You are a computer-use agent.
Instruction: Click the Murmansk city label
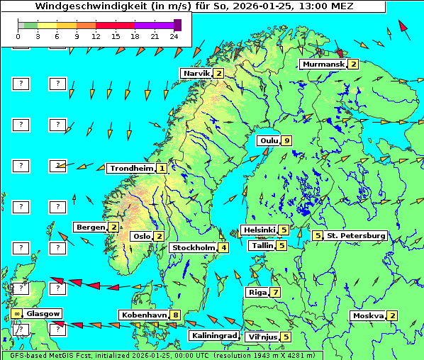tap(323, 64)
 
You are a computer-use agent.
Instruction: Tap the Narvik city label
tap(196, 73)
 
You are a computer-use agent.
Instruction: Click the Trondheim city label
tap(131, 168)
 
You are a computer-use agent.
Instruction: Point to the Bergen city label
tap(90, 227)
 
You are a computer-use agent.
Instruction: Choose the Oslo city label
tap(141, 236)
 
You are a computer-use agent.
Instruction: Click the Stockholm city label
tap(193, 247)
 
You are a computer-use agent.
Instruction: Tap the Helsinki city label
tap(258, 230)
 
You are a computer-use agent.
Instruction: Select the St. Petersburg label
tap(355, 235)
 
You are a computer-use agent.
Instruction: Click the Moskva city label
tap(367, 315)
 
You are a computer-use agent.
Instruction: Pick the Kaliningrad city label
tap(213, 335)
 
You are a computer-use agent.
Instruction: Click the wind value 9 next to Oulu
tap(286, 140)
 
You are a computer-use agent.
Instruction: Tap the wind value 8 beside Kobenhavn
tap(175, 315)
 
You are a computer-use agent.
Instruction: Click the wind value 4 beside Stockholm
tap(223, 247)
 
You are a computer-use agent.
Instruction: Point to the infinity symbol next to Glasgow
tap(16, 313)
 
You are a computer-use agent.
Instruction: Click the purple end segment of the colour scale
tap(177, 25)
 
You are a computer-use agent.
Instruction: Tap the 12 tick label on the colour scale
tap(95, 36)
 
